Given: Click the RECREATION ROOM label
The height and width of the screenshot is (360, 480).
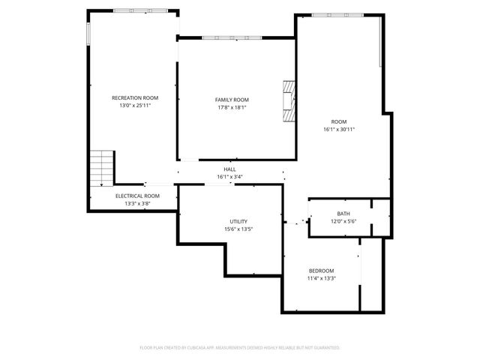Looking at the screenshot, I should tap(135, 97).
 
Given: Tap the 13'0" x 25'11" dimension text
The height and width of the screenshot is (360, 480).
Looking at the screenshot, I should tap(135, 106).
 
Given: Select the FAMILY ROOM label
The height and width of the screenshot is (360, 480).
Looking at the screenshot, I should tap(232, 100).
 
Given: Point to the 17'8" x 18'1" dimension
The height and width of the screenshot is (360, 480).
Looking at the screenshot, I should tap(232, 108).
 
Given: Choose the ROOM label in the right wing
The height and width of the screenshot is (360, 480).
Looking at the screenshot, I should tap(339, 121).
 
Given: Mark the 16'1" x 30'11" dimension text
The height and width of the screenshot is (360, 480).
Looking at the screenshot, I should tap(339, 129).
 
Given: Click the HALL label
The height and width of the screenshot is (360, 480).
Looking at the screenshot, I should tap(229, 169).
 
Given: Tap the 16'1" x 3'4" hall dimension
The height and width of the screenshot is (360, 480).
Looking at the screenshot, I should tap(229, 177).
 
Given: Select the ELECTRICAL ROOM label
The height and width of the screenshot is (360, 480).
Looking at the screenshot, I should tap(137, 196).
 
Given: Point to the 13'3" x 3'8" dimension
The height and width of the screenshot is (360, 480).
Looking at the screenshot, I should tap(137, 203).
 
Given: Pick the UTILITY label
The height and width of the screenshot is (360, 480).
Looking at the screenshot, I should tap(239, 221).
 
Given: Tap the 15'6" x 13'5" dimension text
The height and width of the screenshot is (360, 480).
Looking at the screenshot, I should tap(239, 229).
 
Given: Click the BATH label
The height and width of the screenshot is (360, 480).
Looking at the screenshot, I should tap(343, 214).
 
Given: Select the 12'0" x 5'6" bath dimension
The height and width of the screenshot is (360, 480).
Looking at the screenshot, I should tap(343, 221).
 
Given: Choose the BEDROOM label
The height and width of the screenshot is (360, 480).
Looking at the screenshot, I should tap(322, 270).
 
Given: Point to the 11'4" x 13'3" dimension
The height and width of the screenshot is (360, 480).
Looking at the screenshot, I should tap(322, 278).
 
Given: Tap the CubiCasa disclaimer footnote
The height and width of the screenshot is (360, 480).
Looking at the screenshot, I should tap(240, 348).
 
